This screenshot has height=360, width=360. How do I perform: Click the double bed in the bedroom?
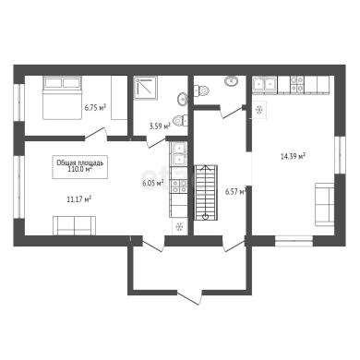pyautogui.click(x=63, y=98)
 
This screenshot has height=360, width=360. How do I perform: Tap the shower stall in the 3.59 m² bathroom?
pyautogui.click(x=146, y=88)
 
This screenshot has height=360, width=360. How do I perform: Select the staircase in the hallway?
pyautogui.click(x=206, y=193)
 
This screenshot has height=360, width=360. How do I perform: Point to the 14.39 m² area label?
pyautogui.click(x=293, y=156)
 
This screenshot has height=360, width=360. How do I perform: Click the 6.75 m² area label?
pyautogui.click(x=95, y=107)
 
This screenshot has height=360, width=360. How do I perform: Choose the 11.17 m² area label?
pyautogui.click(x=78, y=199)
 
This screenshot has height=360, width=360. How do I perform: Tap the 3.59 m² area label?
pyautogui.click(x=160, y=126)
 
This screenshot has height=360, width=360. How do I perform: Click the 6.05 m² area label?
pyautogui.click(x=152, y=184)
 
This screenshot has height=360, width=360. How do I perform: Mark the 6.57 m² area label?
pyautogui.click(x=236, y=192)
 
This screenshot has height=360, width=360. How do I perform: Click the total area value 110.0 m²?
pyautogui.click(x=80, y=168)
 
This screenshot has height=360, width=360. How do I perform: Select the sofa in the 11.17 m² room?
pyautogui.click(x=74, y=225)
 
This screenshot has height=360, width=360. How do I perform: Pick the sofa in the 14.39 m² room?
pyautogui.click(x=325, y=205)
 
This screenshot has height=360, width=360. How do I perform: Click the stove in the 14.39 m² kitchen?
pyautogui.click(x=297, y=84)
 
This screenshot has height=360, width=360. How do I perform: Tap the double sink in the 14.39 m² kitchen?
pyautogui.click(x=265, y=83)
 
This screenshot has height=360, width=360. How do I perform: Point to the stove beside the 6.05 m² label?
pyautogui.click(x=179, y=186)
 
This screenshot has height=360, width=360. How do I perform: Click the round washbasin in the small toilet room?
pyautogui.click(x=231, y=81)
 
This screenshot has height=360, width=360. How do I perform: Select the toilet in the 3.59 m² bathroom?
pyautogui.click(x=180, y=120)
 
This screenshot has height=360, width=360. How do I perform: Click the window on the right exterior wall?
pyautogui.click(x=340, y=155)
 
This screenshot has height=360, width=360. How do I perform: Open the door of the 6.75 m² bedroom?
pyautogui.click(x=96, y=135)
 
